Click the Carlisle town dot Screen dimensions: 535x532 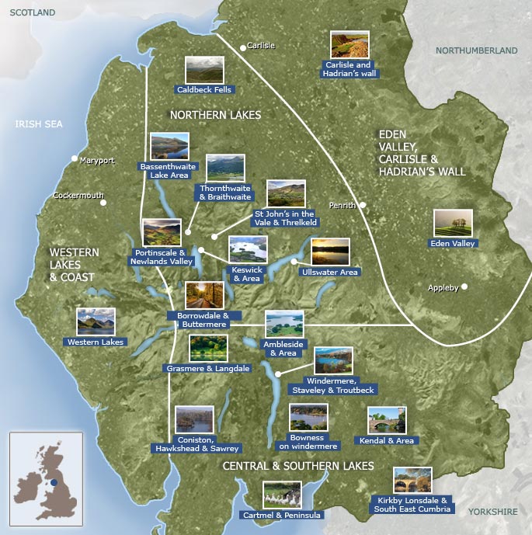242,47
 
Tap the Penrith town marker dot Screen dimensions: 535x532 362,205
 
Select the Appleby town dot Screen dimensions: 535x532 465,287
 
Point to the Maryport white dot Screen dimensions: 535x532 75,158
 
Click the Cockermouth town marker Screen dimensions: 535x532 103,203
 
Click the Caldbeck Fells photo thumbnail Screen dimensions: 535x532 204,70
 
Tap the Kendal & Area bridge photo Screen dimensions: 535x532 386,421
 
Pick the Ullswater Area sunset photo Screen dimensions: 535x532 330,252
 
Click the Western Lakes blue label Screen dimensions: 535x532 96,342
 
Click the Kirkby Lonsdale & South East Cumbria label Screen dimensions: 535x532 412,505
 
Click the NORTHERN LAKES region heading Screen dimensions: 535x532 215,115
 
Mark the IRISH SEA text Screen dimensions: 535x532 39,124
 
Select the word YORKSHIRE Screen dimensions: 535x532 492,512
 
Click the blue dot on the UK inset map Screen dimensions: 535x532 54,482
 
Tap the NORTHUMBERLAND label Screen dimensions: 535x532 476,50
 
